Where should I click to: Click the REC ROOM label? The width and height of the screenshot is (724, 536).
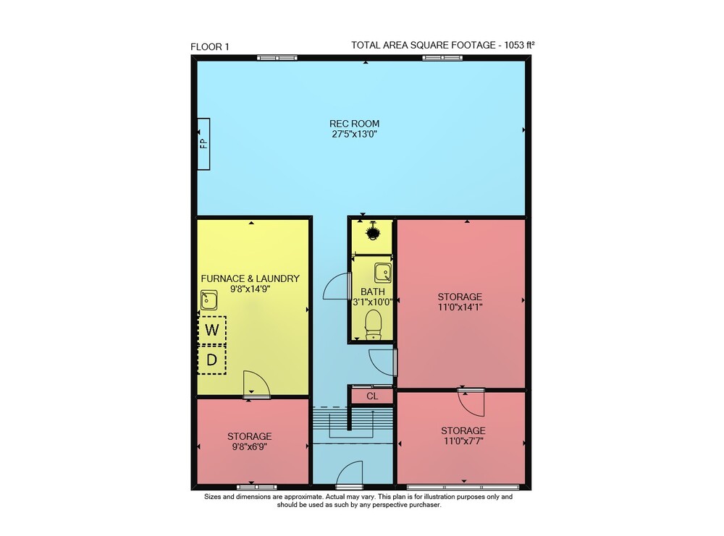coord(354,124)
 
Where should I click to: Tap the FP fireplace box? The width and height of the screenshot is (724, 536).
coord(203,144)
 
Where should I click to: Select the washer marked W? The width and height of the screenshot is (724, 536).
coord(212,330)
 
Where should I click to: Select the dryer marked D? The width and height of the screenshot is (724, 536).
coord(212,360)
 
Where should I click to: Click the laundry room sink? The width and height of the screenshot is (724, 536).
coord(209,300)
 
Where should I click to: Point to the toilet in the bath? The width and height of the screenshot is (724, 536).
coord(373,324)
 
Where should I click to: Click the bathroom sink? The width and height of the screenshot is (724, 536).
coord(383,273)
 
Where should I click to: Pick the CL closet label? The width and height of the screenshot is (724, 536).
coord(372,396)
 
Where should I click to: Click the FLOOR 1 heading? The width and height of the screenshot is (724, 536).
coord(210,46)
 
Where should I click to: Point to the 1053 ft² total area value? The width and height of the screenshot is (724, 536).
coord(519,45)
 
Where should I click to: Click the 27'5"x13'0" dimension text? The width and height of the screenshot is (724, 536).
coord(354,135)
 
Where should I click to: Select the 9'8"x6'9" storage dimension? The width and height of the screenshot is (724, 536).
coord(249,446)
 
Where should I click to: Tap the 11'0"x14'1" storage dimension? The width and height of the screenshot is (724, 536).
coord(460,307)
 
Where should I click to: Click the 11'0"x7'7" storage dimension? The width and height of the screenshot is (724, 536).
coord(463,441)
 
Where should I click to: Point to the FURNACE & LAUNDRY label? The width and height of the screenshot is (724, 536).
coord(251,278)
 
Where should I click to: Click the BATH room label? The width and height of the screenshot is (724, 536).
coord(373,292)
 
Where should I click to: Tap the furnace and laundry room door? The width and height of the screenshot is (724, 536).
coord(256,383)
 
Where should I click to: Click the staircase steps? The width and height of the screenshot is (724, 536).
coord(353,422)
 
